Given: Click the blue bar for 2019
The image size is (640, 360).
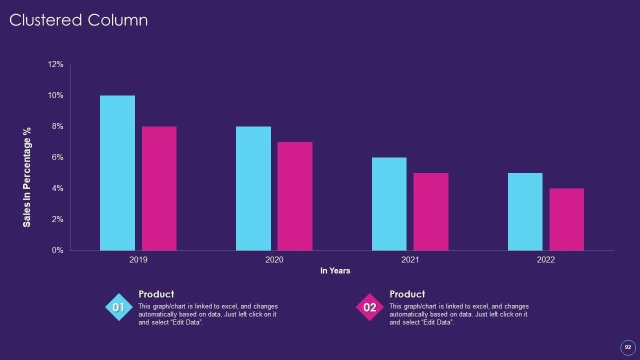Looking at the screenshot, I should pos(117,173).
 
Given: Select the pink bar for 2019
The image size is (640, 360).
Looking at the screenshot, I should pos(159,188).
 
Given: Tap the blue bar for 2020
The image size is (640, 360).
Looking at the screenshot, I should pos(253,188).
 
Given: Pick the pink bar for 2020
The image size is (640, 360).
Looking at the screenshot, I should pos(295,196).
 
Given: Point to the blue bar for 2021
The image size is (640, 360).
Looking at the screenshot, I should pos(389,204).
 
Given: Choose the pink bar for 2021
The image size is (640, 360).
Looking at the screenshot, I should pos(431,211).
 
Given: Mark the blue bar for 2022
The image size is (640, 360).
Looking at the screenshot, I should pos(525,211).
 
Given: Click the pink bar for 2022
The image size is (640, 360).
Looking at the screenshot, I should pos(566,219).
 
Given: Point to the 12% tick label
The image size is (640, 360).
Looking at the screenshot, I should pos(55,64).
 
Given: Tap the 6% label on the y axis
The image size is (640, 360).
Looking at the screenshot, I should pos(57,157).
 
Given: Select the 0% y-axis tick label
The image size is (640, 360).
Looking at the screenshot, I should pos(57,250).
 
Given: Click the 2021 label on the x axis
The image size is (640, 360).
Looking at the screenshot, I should pos(410,260).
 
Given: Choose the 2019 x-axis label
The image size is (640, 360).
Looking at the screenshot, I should pos(138,260).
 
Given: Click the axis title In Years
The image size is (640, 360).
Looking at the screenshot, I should pos(335,271).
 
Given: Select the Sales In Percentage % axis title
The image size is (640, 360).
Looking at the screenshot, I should pos(27,177).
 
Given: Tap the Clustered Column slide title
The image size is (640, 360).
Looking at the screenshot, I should pos(78,20).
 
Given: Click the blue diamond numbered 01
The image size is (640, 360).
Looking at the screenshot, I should pos(119,307).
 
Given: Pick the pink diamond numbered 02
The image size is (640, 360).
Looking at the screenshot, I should pos(369,307).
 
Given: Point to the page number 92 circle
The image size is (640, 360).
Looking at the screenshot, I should pos(627,347).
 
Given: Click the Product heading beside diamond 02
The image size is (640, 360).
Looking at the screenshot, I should pos(407,294).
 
